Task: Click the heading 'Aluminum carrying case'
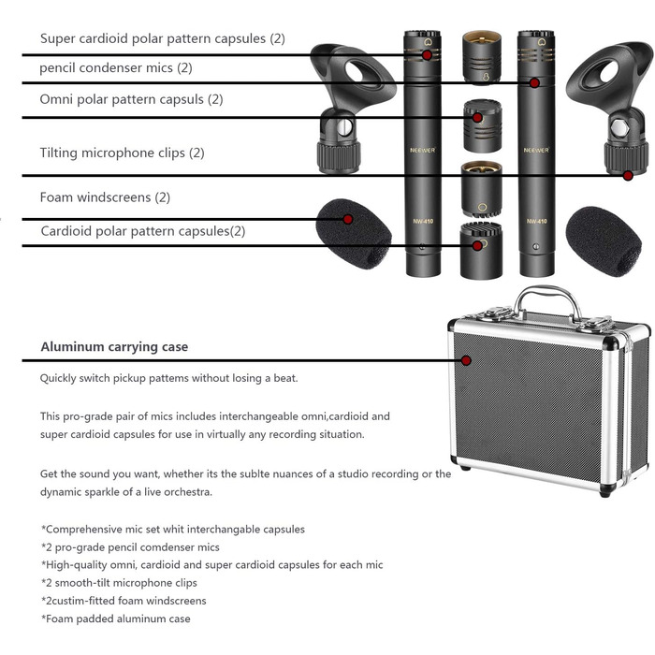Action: tap(114, 347)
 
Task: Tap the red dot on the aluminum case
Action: tap(466, 360)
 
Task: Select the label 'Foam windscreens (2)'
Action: tap(105, 197)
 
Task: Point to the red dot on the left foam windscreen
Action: tap(347, 219)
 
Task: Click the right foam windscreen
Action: tap(604, 241)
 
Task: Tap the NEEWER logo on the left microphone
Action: tap(422, 150)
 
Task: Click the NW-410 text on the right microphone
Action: tap(536, 221)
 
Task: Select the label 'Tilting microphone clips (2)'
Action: tap(122, 153)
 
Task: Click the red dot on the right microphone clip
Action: tap(628, 176)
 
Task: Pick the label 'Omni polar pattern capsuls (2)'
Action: tap(131, 99)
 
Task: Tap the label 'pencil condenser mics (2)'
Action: tap(116, 67)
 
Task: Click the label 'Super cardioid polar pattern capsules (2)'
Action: tap(163, 38)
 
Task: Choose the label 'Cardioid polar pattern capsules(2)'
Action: tap(143, 231)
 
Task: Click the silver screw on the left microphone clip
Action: tap(343, 127)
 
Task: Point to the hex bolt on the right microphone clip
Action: tap(619, 128)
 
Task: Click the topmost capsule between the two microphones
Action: tap(482, 58)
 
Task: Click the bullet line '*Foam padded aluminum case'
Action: tap(116, 619)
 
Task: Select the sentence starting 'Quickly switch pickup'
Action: tap(168, 378)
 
